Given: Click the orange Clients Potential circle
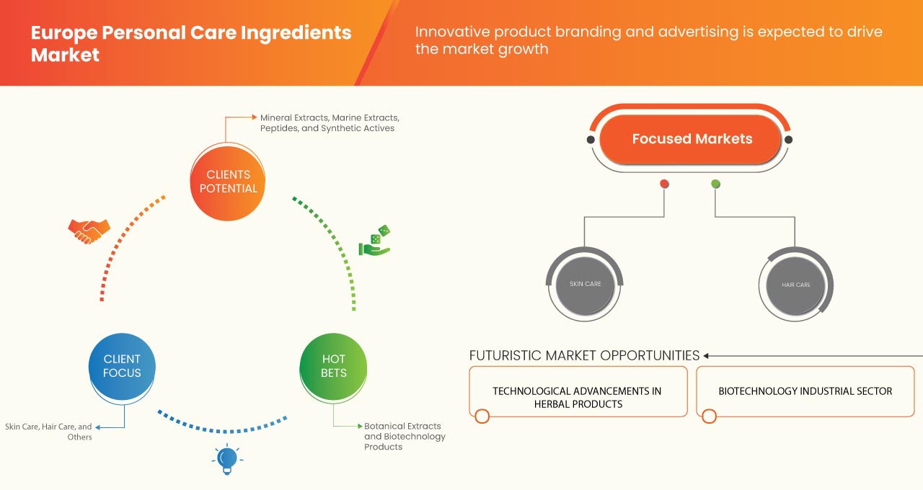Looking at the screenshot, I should (227, 182).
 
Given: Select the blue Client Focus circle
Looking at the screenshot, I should (122, 366).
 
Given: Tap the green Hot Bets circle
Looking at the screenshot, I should (333, 366).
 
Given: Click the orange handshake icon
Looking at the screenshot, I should (89, 231).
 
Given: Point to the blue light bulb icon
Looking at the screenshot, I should (227, 458).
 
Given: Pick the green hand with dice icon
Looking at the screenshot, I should (375, 242).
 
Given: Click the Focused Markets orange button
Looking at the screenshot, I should (691, 139).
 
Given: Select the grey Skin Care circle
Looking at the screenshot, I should (584, 285).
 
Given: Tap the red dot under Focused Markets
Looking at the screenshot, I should (664, 184).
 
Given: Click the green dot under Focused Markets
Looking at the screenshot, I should (715, 184).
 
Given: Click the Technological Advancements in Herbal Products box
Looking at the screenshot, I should (577, 397).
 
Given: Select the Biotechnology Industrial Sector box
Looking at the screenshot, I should (805, 391).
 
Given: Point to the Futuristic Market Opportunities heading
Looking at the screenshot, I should (584, 355).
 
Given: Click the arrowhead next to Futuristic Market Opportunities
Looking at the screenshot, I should (707, 355).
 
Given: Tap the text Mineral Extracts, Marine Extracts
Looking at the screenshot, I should (330, 117).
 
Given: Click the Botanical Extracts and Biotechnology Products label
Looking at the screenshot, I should (405, 436).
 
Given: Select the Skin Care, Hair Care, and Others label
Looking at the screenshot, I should (49, 432).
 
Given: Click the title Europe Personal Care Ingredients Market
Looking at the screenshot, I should (191, 43).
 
